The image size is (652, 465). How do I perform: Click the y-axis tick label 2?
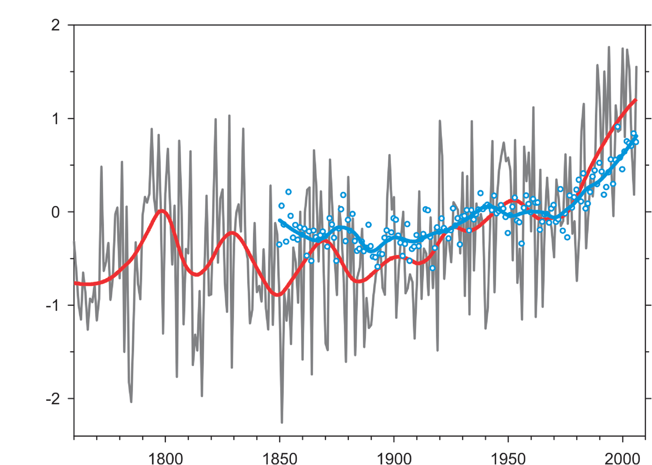click(x=55, y=25)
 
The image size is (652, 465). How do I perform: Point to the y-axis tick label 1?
click(x=56, y=119)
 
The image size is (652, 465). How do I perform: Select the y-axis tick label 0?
click(x=55, y=212)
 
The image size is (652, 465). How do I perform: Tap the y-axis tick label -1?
click(x=53, y=306)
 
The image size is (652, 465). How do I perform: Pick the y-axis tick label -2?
click(x=53, y=399)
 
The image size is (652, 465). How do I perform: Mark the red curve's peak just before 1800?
click(x=162, y=210)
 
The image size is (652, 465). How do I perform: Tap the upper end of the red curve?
click(x=636, y=100)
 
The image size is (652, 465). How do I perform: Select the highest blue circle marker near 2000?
click(x=618, y=127)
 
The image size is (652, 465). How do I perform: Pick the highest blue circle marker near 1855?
click(x=288, y=192)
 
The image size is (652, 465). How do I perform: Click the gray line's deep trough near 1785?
click(x=131, y=402)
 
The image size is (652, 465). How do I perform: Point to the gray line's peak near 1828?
click(x=229, y=115)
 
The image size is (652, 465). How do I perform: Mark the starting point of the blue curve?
click(x=279, y=220)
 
